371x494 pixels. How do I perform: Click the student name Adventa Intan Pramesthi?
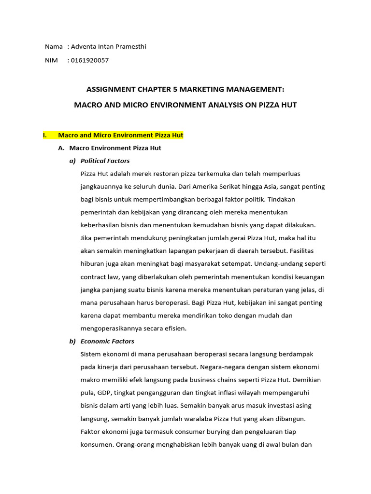(x=108, y=47)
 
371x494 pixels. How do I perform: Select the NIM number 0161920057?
(x=89, y=60)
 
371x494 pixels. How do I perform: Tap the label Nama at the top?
(x=54, y=47)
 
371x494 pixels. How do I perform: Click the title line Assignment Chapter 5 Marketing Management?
(x=185, y=89)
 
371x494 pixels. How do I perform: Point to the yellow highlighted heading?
(x=120, y=136)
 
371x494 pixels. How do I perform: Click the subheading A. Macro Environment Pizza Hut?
(x=115, y=148)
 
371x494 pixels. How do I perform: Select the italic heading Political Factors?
(x=105, y=161)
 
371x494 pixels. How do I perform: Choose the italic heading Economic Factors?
(x=107, y=341)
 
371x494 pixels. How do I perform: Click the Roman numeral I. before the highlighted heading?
(x=45, y=136)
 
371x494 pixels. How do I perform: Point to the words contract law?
(x=100, y=277)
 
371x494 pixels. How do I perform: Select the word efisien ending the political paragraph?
(x=175, y=329)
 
